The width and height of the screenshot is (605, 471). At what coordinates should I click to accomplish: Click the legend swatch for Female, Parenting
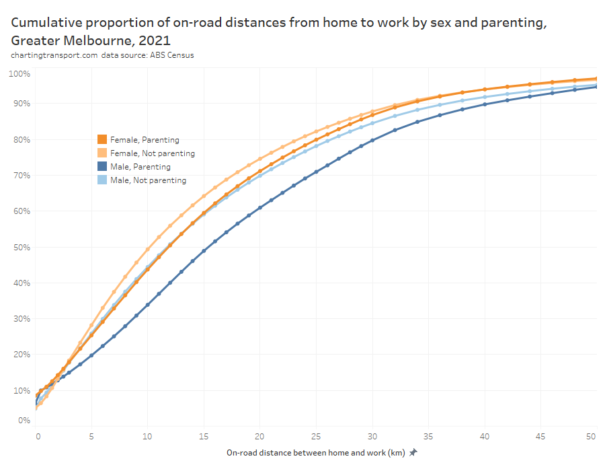(102, 140)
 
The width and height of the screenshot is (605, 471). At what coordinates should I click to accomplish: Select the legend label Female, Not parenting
(152, 153)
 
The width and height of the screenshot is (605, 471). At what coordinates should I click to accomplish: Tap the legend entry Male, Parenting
(140, 167)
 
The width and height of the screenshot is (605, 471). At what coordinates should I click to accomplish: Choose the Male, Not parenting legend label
(148, 180)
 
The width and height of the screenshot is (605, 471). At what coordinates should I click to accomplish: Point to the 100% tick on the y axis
(19, 73)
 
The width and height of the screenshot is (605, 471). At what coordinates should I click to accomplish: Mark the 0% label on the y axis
(24, 421)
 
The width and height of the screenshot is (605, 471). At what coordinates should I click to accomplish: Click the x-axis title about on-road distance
(315, 453)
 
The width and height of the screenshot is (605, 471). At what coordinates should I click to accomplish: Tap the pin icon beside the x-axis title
(413, 453)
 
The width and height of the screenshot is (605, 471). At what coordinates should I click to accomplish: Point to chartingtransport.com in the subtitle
(54, 55)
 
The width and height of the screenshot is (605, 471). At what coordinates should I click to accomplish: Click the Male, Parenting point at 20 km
(260, 207)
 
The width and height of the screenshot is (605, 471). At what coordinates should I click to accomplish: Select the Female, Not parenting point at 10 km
(148, 249)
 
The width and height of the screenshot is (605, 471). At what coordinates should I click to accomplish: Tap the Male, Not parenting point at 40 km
(485, 97)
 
